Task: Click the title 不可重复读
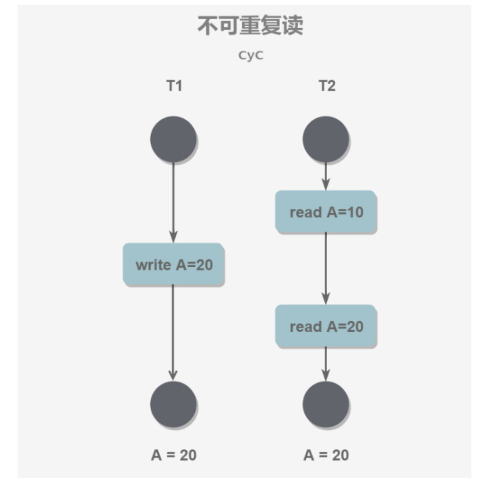pyautogui.click(x=250, y=26)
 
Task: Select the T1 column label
pyautogui.click(x=174, y=86)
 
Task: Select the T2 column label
pyautogui.click(x=326, y=86)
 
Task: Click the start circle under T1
pyautogui.click(x=174, y=139)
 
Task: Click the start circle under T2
pyautogui.click(x=326, y=139)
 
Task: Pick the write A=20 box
pyautogui.click(x=174, y=265)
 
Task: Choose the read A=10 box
pyautogui.click(x=326, y=212)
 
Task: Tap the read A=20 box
pyautogui.click(x=326, y=326)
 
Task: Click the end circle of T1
pyautogui.click(x=174, y=404)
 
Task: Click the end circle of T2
pyautogui.click(x=326, y=404)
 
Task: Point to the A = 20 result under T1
pyautogui.click(x=174, y=455)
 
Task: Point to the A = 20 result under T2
pyautogui.click(x=326, y=455)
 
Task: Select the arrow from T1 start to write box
pyautogui.click(x=173, y=203)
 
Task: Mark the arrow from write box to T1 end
pyautogui.click(x=173, y=332)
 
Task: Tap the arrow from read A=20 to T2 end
pyautogui.click(x=326, y=364)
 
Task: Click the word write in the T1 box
pyautogui.click(x=153, y=265)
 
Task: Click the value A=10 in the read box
pyautogui.click(x=345, y=212)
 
